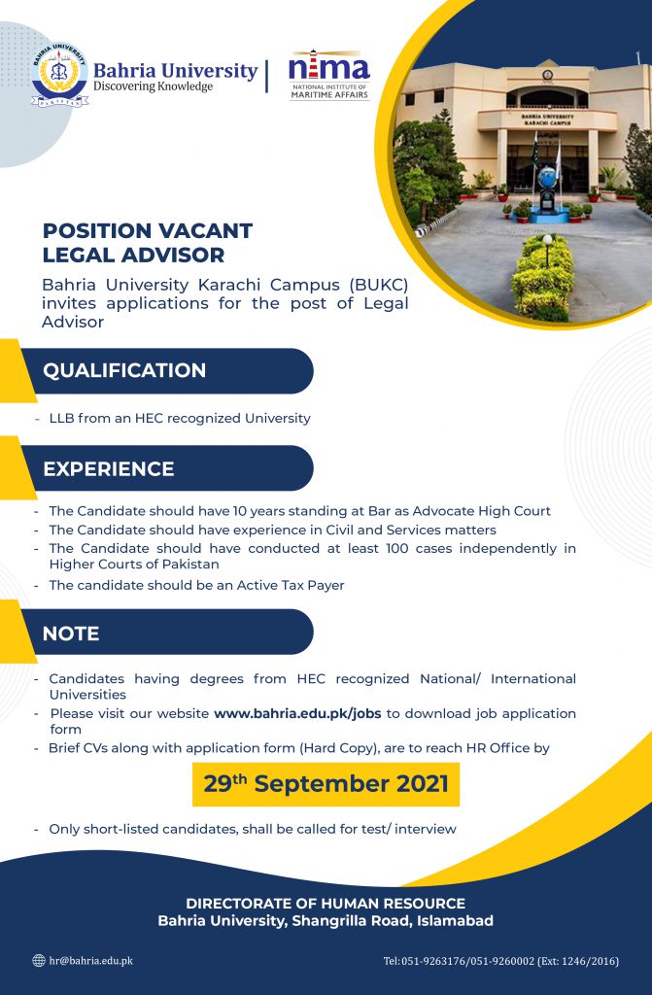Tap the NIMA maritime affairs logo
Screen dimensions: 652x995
pos(329,75)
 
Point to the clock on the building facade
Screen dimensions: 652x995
pos(547,75)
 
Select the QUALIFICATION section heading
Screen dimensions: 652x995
pos(124,370)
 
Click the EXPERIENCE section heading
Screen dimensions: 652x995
pos(109,469)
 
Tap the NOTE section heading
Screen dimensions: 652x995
pos(71,634)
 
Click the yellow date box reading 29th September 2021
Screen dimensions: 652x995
pos(326,784)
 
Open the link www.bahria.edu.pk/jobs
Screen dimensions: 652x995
pos(297,713)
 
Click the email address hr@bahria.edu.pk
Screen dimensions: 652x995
pos(90,961)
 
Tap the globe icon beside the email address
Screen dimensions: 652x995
pos(39,961)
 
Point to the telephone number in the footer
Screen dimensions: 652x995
pos(501,961)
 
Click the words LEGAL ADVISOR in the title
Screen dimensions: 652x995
pos(133,256)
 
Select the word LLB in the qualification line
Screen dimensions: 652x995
pos(61,418)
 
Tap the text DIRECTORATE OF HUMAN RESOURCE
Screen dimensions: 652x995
pos(326,904)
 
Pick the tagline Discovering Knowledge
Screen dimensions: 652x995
pos(153,86)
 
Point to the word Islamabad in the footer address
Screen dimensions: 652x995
pos(455,921)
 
